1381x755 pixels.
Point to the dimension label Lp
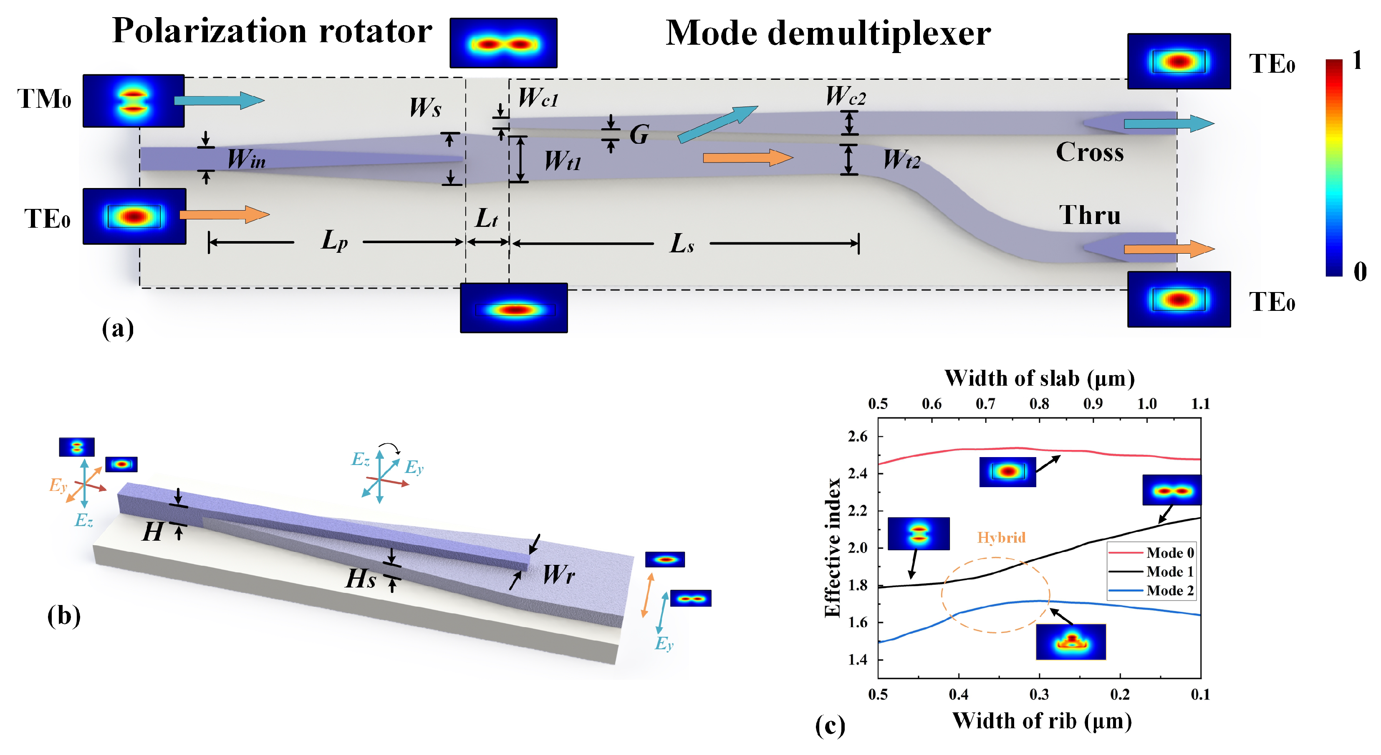[333, 240]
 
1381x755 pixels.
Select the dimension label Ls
[682, 244]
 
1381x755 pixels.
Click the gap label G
[639, 134]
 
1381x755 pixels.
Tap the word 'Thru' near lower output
[1089, 215]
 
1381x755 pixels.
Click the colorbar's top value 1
[1357, 60]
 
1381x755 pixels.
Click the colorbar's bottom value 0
[1360, 272]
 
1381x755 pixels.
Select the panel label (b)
[64, 615]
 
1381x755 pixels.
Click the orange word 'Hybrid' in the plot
[1001, 537]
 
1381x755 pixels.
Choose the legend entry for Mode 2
[1169, 590]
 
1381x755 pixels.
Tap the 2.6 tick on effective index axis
[857, 436]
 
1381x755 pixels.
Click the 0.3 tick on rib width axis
[1039, 694]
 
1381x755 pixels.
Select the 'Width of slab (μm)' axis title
[1039, 378]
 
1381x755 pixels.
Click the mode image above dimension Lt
[503, 43]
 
